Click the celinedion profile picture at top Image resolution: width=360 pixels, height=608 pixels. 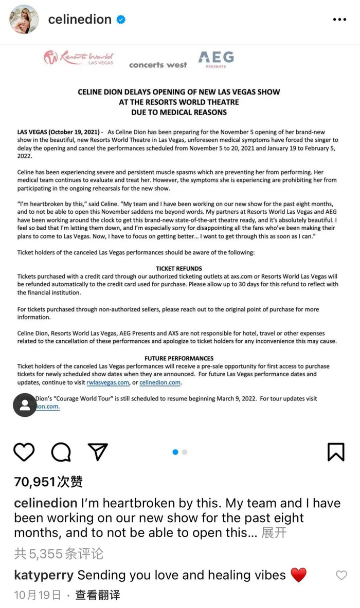24,20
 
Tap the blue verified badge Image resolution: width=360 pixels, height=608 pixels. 121,20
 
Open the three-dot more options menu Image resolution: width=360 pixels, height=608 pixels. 339,20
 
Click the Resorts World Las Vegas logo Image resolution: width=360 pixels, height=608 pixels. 79,58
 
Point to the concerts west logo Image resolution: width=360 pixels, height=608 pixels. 158,65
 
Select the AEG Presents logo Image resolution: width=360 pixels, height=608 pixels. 216,59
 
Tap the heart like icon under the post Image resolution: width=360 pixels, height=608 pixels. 24,452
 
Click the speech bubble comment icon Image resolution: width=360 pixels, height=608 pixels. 61,452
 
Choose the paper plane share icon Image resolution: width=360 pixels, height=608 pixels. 97,452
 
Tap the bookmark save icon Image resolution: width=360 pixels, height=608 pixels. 336,452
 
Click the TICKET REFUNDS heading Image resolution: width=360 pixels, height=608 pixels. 178,269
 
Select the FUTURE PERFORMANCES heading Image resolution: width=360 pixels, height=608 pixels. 178,358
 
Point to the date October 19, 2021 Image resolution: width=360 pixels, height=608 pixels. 78,133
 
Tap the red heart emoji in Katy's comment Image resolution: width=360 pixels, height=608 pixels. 298,575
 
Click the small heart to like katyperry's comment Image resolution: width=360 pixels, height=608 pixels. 341,575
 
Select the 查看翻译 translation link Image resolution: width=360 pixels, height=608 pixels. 98,595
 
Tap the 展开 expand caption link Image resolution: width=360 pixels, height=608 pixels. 274,532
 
